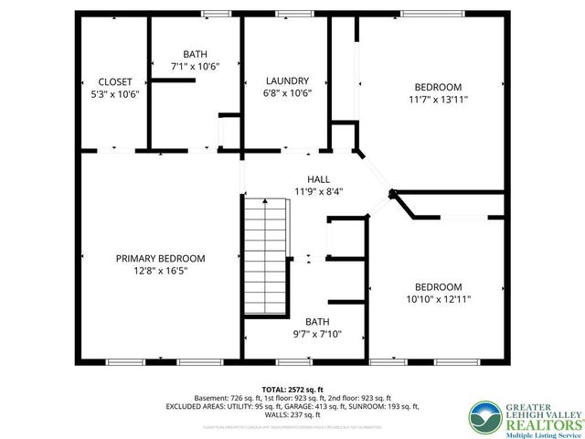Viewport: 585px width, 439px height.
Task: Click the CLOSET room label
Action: point(115,81)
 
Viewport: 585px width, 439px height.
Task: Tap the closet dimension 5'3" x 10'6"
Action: point(115,94)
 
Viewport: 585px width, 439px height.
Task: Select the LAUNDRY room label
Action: point(287,80)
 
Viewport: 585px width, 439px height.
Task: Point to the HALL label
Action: point(318,179)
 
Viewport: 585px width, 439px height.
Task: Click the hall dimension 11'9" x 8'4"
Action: point(319,191)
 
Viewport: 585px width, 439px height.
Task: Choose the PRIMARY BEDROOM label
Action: point(160,259)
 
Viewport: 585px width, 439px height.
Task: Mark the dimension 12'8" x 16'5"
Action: point(160,271)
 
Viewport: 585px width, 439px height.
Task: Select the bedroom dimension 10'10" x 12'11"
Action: point(438,299)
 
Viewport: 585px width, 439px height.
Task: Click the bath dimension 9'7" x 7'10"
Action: point(317,334)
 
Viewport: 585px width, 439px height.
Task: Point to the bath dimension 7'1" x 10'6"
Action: point(195,67)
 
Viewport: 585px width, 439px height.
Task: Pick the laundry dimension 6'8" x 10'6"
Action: point(287,93)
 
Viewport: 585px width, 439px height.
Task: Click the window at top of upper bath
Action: point(216,14)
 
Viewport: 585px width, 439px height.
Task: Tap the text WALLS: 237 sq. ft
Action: point(292,414)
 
